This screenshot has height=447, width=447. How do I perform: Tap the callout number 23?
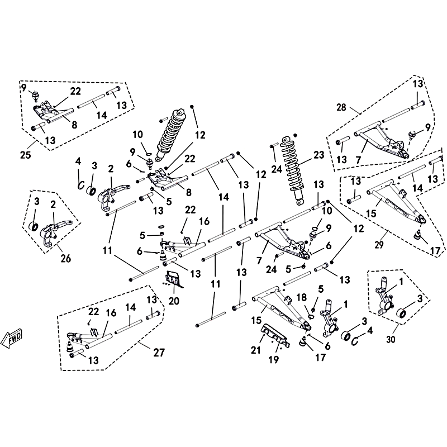(x=319, y=155)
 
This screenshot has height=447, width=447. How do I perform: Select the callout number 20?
(x=173, y=301)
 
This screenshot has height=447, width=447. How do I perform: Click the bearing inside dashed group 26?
(x=34, y=226)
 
